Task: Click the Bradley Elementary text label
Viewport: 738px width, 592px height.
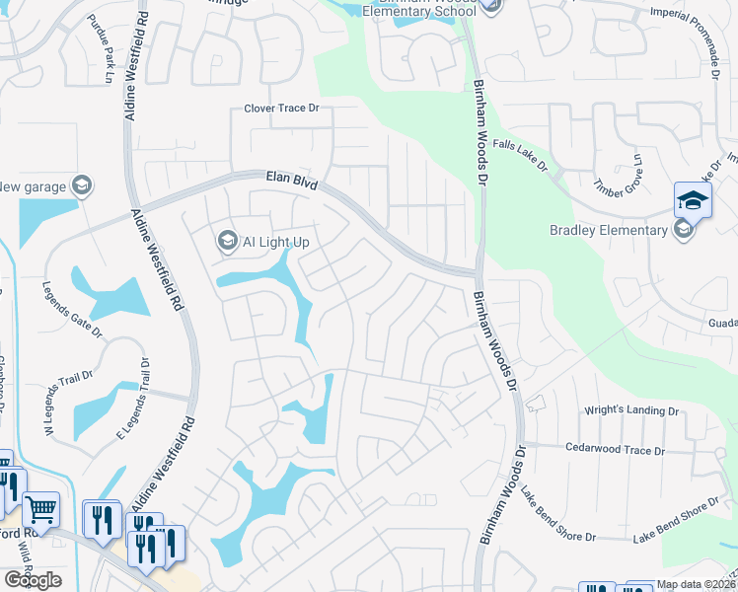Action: coord(608,231)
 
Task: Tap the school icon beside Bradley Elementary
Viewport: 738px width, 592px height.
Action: coord(682,230)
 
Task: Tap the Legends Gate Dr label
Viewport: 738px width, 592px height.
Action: coord(72,309)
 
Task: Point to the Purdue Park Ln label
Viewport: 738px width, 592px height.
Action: coord(102,41)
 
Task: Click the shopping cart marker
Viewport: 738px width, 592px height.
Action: coord(40,510)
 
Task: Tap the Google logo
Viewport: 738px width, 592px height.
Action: coord(34,580)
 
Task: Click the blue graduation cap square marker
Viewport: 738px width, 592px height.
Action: coord(694,199)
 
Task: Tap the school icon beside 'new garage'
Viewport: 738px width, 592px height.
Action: coord(83,185)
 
